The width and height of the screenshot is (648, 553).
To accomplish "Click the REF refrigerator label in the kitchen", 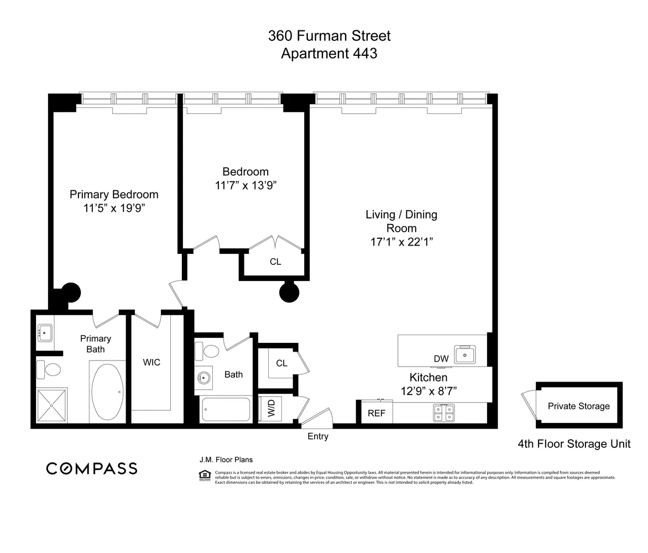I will (x=377, y=413).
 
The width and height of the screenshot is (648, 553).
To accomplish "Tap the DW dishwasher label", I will (x=441, y=359).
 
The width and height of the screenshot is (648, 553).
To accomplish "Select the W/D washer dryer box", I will (x=271, y=409).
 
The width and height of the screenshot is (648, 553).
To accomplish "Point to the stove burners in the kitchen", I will (x=444, y=413).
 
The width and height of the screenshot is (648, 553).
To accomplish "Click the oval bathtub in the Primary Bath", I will (x=108, y=392).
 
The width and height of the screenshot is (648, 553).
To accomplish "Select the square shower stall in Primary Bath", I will (x=52, y=405).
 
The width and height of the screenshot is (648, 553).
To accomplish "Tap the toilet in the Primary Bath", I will (x=48, y=369).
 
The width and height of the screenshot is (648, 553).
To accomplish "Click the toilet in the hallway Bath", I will (x=211, y=351).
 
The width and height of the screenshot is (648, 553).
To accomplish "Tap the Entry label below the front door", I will (x=318, y=436).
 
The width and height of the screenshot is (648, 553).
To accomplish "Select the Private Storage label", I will (x=578, y=406).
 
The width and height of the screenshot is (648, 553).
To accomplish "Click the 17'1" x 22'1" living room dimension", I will (x=401, y=242).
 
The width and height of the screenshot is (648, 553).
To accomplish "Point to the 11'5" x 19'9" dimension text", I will (x=114, y=208).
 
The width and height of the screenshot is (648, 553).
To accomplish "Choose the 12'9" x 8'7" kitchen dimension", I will (x=428, y=391).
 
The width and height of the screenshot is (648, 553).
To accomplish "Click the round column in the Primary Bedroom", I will (x=71, y=293).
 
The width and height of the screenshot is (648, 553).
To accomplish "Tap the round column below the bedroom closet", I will (x=289, y=293).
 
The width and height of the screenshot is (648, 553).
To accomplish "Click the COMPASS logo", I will (x=92, y=468).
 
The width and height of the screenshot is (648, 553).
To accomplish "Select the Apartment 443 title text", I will (x=329, y=54).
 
